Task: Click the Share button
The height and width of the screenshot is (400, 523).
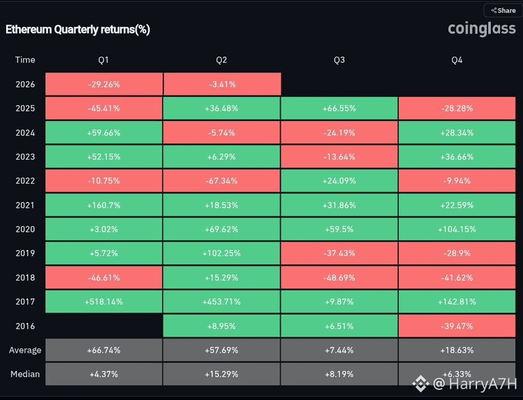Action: click(503, 10)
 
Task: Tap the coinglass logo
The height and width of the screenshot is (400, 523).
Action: click(481, 29)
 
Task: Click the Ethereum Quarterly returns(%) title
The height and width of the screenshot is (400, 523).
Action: click(78, 30)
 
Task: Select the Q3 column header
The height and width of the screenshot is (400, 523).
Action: click(339, 60)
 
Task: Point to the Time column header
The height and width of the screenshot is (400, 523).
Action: click(25, 60)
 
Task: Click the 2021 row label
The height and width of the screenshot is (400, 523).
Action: click(25, 205)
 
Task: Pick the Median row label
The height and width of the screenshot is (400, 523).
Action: click(25, 374)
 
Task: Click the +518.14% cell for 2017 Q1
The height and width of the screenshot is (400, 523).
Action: click(104, 302)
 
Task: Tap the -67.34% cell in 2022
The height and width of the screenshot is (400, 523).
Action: click(222, 181)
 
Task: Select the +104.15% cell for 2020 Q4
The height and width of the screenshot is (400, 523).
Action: click(457, 229)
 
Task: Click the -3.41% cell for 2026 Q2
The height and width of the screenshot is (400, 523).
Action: click(222, 84)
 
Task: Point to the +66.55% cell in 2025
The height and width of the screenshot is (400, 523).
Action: click(339, 108)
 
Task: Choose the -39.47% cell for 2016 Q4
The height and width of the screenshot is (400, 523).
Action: click(457, 326)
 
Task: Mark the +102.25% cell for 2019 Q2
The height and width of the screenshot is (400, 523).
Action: click(222, 253)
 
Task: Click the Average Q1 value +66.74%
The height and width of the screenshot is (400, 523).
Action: click(104, 350)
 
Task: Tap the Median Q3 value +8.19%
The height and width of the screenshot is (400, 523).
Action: click(339, 374)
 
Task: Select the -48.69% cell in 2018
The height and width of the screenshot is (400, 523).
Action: click(339, 278)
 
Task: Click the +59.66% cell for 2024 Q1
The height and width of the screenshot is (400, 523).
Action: click(104, 133)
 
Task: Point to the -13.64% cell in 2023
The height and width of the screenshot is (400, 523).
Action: click(339, 157)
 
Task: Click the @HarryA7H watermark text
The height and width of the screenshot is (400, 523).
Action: click(475, 384)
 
